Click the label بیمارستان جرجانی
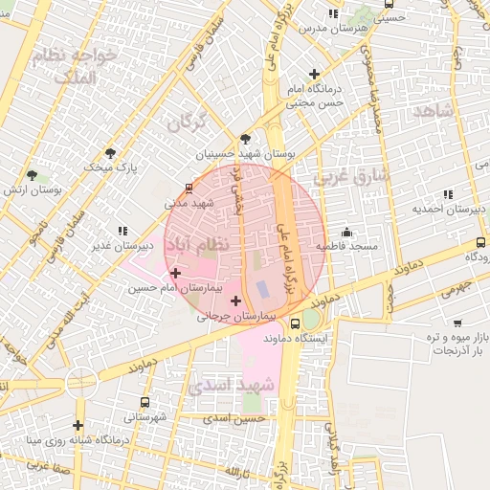[236, 315]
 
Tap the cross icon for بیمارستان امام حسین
[175, 274]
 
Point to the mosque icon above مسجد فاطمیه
[346, 232]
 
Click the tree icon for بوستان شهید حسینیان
[245, 139]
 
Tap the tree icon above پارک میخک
[112, 153]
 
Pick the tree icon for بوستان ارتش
[33, 175]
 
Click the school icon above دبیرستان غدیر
[122, 231]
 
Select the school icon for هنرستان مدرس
[332, 14]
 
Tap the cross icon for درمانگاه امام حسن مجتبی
[314, 75]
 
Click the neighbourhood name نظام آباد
[200, 245]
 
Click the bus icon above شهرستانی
[145, 403]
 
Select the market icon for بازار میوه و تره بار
[457, 323]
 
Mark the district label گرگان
[186, 123]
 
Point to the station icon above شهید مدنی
[189, 189]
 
